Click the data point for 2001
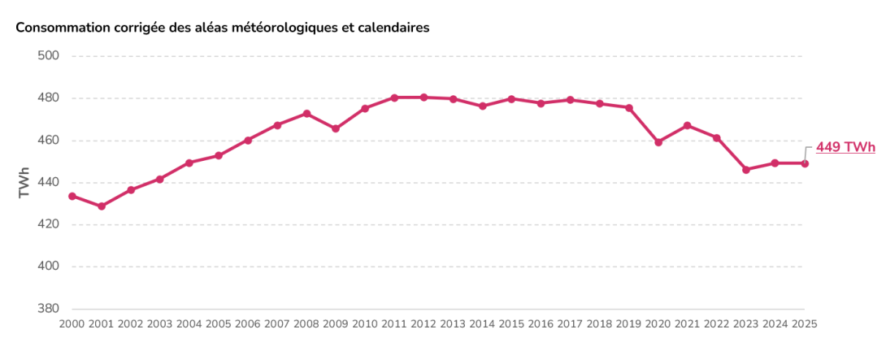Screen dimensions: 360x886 (x=102, y=206)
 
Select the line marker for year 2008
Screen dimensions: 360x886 (x=306, y=114)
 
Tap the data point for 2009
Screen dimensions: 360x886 (x=336, y=128)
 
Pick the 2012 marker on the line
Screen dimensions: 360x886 (x=423, y=98)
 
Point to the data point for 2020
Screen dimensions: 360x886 (x=658, y=142)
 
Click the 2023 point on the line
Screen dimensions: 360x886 (x=746, y=170)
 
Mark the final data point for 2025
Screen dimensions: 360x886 (x=805, y=163)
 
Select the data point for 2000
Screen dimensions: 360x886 (x=72, y=196)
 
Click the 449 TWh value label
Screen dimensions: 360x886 (x=845, y=147)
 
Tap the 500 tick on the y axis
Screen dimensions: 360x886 (x=50, y=56)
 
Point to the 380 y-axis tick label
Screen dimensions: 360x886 (x=50, y=309)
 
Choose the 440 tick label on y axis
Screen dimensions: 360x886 (x=50, y=183)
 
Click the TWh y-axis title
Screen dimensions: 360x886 (x=24, y=183)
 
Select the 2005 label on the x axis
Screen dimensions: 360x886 (x=219, y=323)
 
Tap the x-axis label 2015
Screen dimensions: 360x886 (x=511, y=323)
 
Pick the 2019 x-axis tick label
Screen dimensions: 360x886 (x=628, y=323)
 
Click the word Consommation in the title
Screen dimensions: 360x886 (x=61, y=28)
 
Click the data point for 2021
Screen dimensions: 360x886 (x=688, y=125)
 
